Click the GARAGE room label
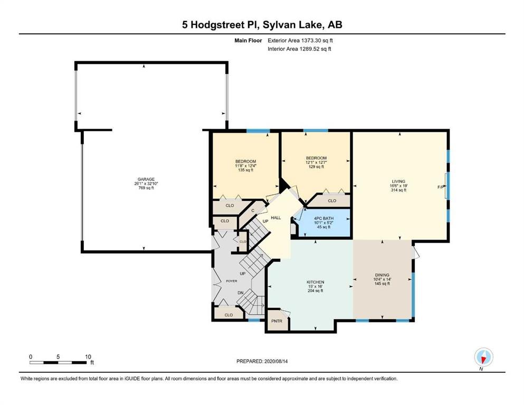[x=146, y=179]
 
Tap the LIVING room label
[x=398, y=181]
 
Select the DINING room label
[x=382, y=275]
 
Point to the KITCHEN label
[x=316, y=282]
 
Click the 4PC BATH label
[x=323, y=218]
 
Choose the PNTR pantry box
[x=277, y=321]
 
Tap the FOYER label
[x=232, y=281]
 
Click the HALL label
[x=275, y=218]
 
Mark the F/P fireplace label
[x=441, y=187]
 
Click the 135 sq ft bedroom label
[x=245, y=170]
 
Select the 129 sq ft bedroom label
[x=316, y=167]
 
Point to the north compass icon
[x=483, y=358]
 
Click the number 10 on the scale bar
[x=88, y=356]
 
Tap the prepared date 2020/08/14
[x=276, y=361]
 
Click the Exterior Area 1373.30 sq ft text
[x=300, y=41]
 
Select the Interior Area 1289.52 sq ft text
[x=299, y=49]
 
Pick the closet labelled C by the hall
[x=253, y=210]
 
